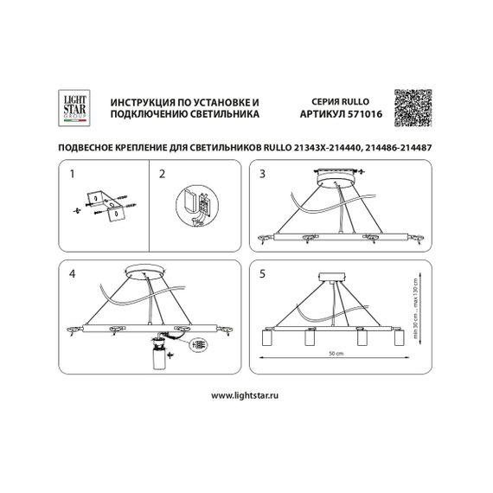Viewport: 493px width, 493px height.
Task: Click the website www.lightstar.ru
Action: click(x=246, y=393)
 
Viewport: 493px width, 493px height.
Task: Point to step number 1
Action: click(x=73, y=174)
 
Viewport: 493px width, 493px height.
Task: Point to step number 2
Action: click(x=162, y=174)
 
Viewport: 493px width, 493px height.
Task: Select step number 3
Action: click(x=265, y=174)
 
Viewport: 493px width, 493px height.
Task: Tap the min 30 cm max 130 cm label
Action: click(x=415, y=308)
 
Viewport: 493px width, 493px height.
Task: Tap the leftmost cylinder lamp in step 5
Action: click(x=267, y=339)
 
